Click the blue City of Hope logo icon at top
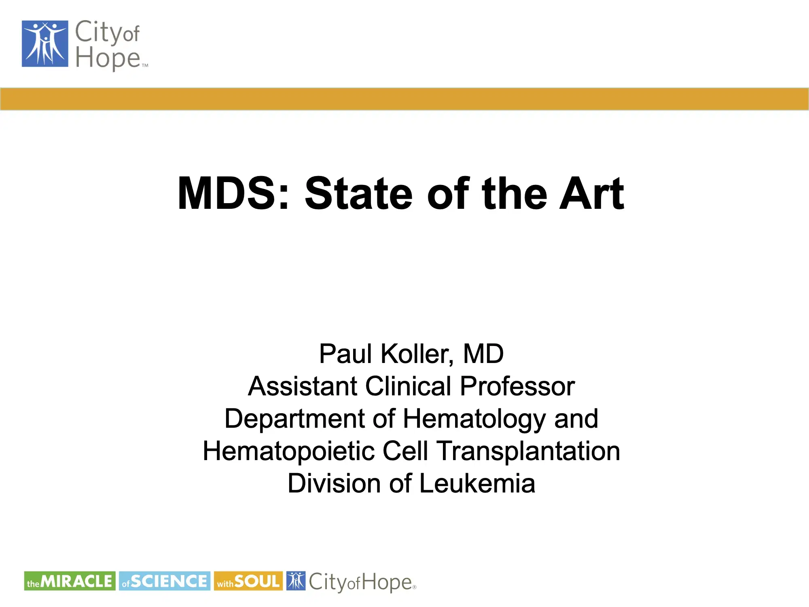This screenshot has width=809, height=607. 45,44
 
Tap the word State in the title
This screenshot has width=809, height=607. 358,194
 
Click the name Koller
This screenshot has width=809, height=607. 417,354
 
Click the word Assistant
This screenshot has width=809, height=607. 303,386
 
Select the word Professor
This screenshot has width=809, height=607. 517,386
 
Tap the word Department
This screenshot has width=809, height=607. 295,419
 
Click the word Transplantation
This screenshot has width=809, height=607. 529,451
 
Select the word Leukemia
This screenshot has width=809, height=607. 477,484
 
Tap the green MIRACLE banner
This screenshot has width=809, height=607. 70,581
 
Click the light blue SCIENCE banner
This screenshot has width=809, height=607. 165,581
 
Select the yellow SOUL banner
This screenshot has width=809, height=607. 248,581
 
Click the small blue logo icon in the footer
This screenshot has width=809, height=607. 296,581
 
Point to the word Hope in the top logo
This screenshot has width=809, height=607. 108,57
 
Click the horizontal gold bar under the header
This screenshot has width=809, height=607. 404,99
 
